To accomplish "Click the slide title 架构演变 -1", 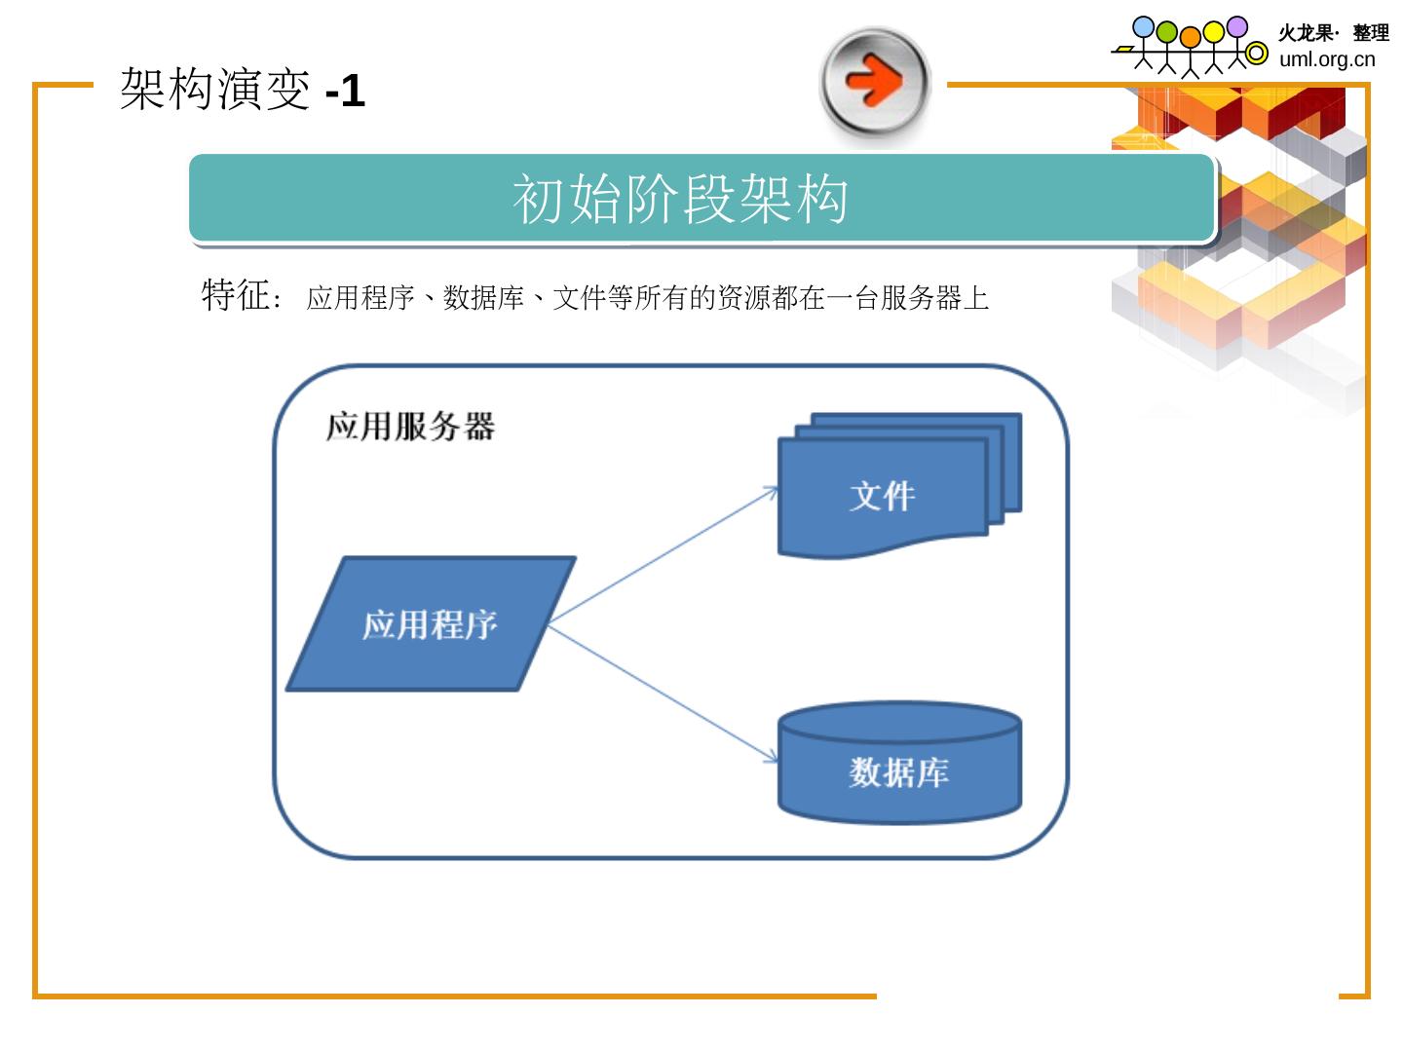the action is click(x=242, y=91).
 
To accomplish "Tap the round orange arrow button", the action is click(x=875, y=81).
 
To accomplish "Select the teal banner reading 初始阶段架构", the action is click(x=701, y=198).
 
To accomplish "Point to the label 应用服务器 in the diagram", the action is click(x=410, y=427).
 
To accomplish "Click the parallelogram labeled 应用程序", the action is click(x=431, y=624).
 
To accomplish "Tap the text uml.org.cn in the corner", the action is click(x=1327, y=59).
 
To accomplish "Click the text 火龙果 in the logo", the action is click(x=1305, y=33).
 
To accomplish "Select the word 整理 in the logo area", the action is click(x=1371, y=33).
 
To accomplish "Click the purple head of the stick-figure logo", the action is click(x=1236, y=26).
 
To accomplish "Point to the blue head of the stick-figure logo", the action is click(x=1144, y=27).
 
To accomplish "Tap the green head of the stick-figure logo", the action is click(x=1167, y=32).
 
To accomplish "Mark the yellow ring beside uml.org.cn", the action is click(x=1257, y=55).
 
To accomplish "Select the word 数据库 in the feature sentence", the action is click(x=483, y=298).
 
